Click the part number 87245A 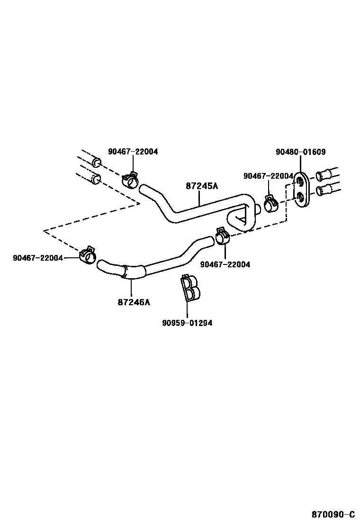pyautogui.click(x=202, y=186)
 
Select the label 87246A pyautogui.click(x=134, y=302)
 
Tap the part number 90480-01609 pyautogui.click(x=300, y=152)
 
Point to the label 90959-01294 pyautogui.click(x=187, y=323)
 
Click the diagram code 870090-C pyautogui.click(x=333, y=514)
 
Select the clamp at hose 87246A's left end pyautogui.click(x=88, y=255)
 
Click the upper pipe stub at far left pyautogui.click(x=96, y=163)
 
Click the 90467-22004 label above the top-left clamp pyautogui.click(x=133, y=152)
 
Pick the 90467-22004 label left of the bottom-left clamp pyautogui.click(x=38, y=258)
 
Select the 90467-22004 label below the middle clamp pyautogui.click(x=225, y=264)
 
